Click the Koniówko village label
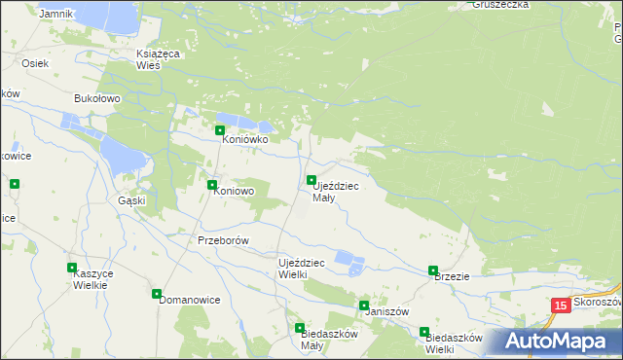tap(244, 139)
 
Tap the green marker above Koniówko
tap(220, 130)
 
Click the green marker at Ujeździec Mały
tap(311, 181)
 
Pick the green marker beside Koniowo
tap(212, 184)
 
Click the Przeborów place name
tap(224, 240)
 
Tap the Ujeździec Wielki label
tap(307, 269)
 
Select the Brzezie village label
tap(452, 276)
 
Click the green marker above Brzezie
tap(433, 270)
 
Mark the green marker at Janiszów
tap(364, 306)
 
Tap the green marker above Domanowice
tap(157, 293)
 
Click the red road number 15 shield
tap(560, 306)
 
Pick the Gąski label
tap(131, 200)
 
